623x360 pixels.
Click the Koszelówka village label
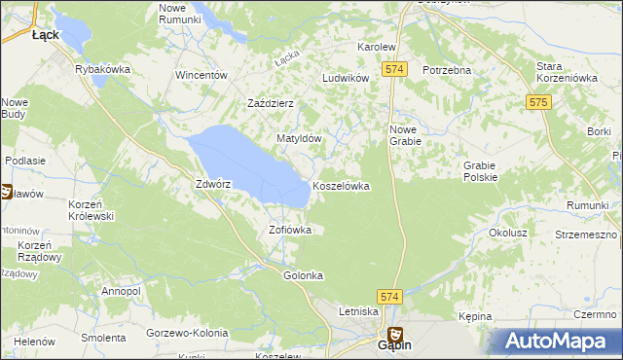coord(341,186)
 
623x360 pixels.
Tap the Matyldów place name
coord(299,139)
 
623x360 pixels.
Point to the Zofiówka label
coord(290,231)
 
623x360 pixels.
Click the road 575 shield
coord(538,101)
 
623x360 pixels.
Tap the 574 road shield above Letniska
coord(389,294)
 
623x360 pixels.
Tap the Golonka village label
coord(303,275)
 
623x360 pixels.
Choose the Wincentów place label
coord(202,75)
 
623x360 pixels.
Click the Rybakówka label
coord(103,69)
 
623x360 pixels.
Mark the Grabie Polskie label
coord(481,171)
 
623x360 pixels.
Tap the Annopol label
coord(121,291)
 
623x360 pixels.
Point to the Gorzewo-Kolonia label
coord(186,334)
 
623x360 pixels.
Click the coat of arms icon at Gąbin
coord(395,334)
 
